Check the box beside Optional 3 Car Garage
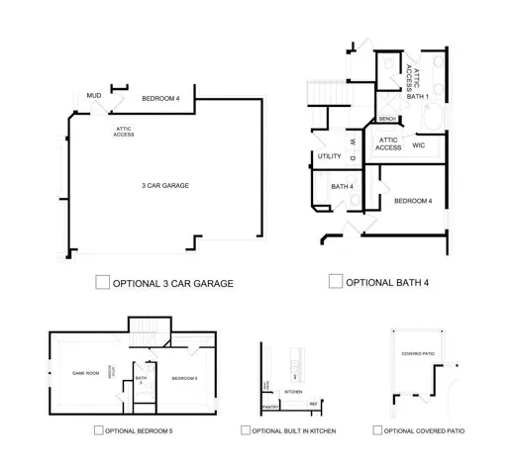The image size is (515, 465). click(102, 282)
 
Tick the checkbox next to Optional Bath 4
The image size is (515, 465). click(336, 281)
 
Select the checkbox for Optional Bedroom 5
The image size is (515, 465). click(98, 430)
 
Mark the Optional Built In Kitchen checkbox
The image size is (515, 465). click(245, 430)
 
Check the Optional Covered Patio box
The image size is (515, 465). click(377, 430)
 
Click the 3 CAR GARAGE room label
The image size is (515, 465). click(164, 185)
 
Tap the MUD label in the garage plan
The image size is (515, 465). click(94, 96)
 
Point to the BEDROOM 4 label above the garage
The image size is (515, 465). click(160, 98)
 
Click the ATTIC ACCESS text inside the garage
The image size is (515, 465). click(124, 131)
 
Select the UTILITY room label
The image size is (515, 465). click(329, 156)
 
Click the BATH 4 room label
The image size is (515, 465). click(342, 186)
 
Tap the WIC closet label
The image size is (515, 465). click(418, 144)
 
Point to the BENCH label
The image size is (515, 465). click(387, 119)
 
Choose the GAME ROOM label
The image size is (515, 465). click(86, 374)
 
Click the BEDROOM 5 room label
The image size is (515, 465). click(184, 378)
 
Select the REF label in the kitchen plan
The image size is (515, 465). click(313, 404)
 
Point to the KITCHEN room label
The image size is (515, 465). click(294, 392)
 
